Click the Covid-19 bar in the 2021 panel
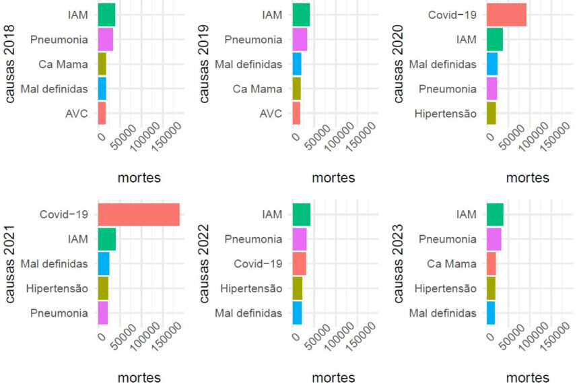139,214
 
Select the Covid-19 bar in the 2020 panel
506,15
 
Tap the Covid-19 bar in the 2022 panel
299,263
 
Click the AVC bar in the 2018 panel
102,113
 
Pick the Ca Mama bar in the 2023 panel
491,263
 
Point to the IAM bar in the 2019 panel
301,15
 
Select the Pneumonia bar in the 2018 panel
105,40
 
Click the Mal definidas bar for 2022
297,313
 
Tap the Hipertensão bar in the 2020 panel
491,113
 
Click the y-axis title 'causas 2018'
10,64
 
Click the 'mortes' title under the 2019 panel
333,178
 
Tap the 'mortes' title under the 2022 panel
333,378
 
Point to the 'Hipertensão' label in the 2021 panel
57,288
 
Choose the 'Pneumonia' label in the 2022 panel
252,239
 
